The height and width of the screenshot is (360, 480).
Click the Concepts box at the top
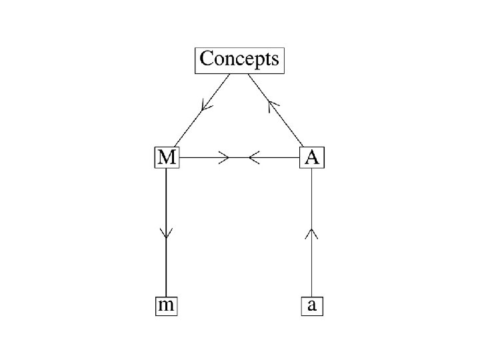240,60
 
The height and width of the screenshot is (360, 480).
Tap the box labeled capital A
312,157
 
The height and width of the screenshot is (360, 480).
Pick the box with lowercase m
165,306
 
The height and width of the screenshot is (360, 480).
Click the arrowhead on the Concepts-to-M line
207,105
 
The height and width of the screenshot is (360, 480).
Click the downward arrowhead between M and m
165,233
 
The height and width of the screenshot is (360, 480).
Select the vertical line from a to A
312,267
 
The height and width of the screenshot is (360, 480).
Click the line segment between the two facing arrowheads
239,158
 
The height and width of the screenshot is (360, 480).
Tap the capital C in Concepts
207,59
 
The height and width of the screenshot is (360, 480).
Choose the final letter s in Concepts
274,59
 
